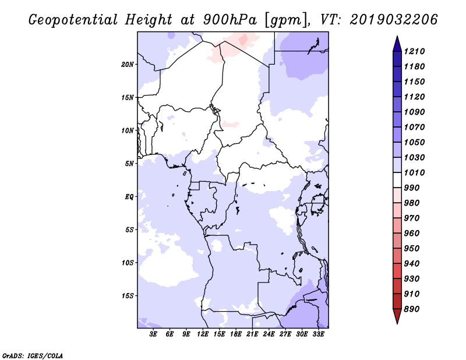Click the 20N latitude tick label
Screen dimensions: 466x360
coord(128,65)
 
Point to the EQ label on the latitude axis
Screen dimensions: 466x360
coord(129,197)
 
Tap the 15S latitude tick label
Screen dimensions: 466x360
coord(128,296)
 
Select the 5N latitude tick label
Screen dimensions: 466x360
coord(129,164)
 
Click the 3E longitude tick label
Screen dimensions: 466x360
coord(153,334)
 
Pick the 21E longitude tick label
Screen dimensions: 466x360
coord(252,334)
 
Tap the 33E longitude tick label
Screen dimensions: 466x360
coord(318,334)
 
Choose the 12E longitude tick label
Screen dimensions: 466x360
coord(203,334)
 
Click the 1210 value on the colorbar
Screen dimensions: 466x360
coord(414,51)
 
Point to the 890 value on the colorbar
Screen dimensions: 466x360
coord(412,309)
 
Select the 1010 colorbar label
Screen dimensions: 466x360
coord(414,172)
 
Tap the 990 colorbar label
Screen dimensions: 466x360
coord(412,188)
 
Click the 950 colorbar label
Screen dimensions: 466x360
coord(412,249)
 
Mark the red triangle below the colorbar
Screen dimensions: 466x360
coord(397,316)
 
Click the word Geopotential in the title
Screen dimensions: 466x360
coord(73,20)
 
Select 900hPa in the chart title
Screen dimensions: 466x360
coord(230,20)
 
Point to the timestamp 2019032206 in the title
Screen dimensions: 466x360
coord(394,20)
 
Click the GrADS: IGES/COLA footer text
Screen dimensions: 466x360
coord(33,355)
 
